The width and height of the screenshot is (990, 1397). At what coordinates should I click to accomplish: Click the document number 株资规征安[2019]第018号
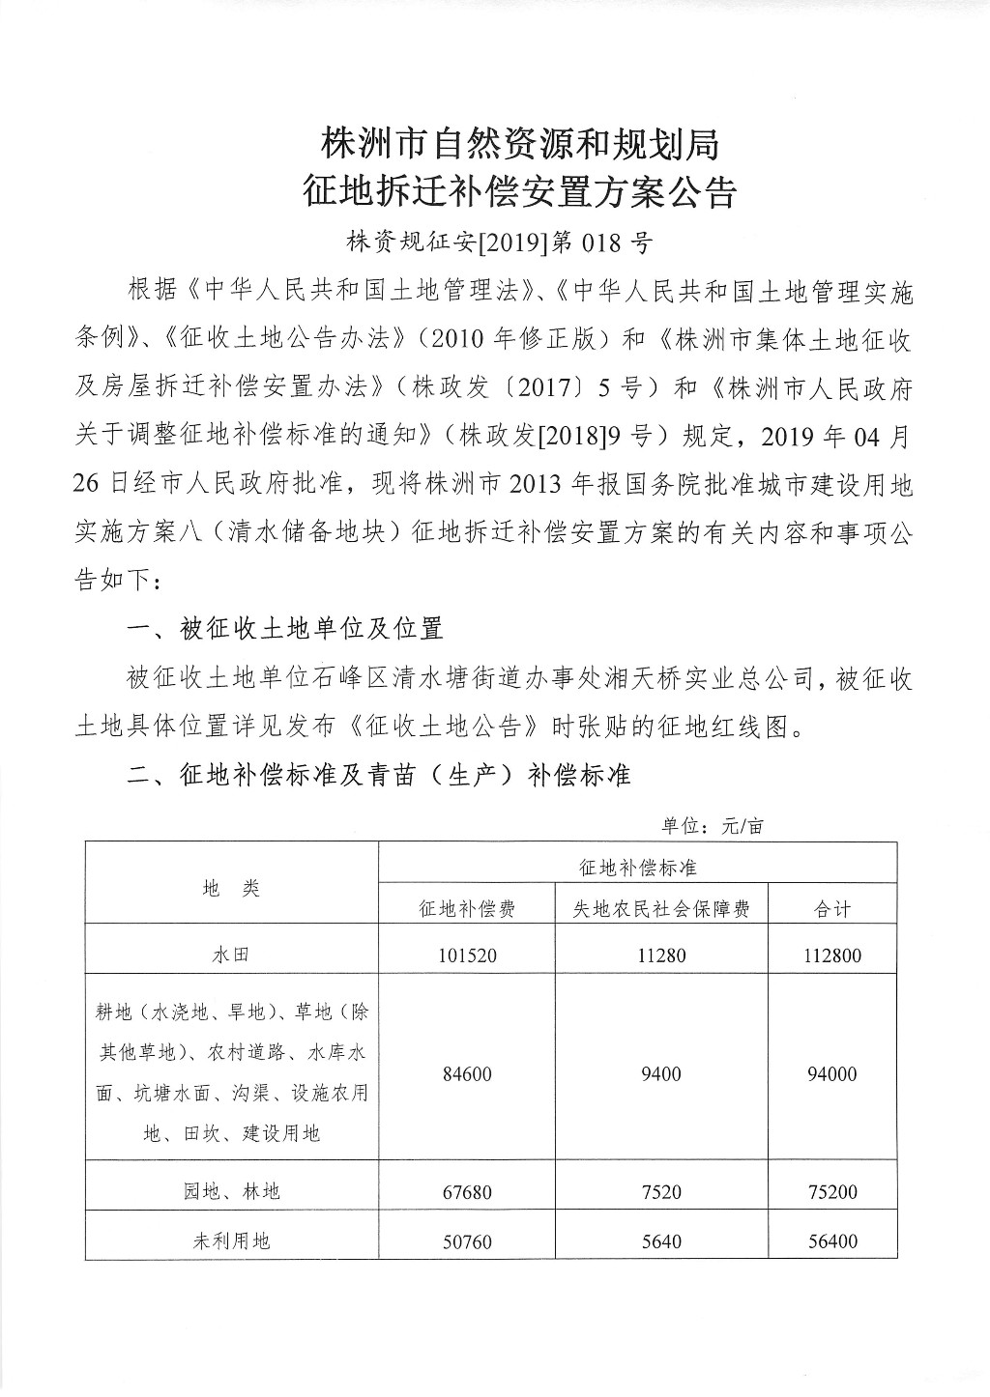[495, 242]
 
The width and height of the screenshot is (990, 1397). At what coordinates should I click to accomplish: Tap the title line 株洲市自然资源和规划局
[519, 146]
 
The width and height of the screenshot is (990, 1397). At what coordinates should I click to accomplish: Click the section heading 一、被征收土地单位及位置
[285, 629]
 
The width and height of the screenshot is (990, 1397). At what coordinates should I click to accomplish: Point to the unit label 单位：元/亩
[712, 826]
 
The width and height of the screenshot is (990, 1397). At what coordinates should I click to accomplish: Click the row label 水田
[231, 955]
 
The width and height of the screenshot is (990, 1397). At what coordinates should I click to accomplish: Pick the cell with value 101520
[467, 955]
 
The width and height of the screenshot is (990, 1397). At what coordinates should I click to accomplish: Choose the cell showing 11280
[661, 955]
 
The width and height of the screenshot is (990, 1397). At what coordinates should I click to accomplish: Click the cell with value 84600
[467, 1073]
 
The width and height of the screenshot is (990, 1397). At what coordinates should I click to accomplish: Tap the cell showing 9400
[661, 1073]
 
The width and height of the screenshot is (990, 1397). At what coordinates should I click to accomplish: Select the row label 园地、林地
[231, 1191]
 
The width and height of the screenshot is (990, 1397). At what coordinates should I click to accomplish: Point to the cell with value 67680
[467, 1191]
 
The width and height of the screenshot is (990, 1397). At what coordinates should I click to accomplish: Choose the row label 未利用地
[231, 1240]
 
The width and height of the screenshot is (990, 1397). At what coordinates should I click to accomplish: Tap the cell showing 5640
[661, 1240]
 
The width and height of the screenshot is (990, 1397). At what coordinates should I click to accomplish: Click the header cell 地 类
[231, 888]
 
